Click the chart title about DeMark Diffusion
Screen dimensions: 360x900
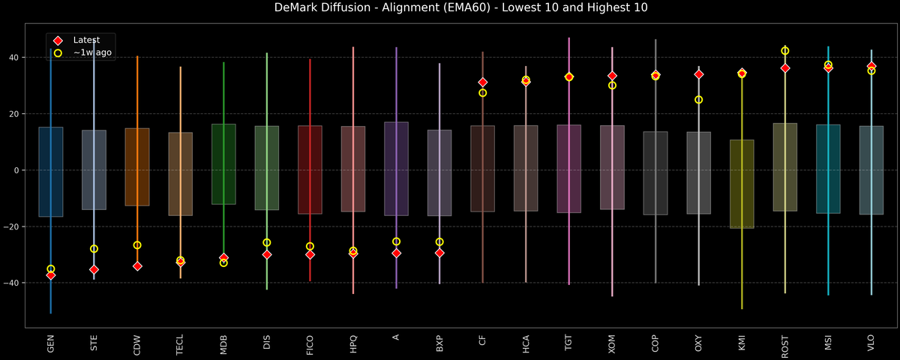(450, 8)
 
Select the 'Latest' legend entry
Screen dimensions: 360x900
(84, 40)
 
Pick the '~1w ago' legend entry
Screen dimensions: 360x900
(88, 53)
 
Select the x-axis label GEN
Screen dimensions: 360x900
(50, 343)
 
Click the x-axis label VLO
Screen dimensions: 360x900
(871, 343)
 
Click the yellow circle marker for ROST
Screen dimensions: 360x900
(784, 51)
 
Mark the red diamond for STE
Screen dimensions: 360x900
(94, 269)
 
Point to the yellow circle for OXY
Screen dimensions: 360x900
(698, 100)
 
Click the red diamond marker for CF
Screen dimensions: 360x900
(482, 82)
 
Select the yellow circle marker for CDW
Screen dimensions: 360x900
(137, 245)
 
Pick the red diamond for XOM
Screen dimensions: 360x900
(612, 76)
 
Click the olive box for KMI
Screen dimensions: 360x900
(742, 184)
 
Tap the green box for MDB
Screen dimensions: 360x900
(223, 164)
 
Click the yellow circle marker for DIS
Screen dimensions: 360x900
(266, 242)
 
